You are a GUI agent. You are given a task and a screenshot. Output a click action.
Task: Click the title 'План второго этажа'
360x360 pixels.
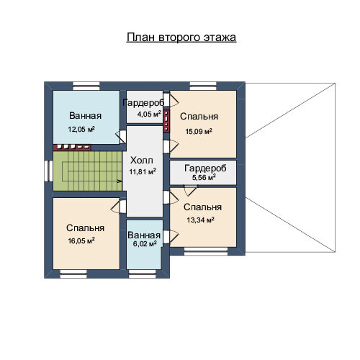pyautogui.click(x=181, y=37)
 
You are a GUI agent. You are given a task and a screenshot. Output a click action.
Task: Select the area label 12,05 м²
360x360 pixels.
pyautogui.click(x=81, y=130)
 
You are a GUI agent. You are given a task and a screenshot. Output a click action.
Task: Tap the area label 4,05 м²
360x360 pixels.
pyautogui.click(x=149, y=114)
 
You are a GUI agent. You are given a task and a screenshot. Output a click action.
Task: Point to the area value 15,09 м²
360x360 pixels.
pyautogui.click(x=199, y=131)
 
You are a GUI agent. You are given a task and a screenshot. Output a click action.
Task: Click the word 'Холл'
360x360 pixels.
pyautogui.click(x=142, y=161)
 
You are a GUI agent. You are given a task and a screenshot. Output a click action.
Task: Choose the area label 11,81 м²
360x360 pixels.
pyautogui.click(x=143, y=171)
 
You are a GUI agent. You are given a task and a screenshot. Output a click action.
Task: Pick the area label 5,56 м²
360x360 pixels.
pyautogui.click(x=204, y=178)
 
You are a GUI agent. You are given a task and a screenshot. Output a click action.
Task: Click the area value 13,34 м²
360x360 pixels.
pyautogui.click(x=200, y=220)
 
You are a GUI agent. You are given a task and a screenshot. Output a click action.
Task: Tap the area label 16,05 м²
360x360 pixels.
pyautogui.click(x=81, y=240)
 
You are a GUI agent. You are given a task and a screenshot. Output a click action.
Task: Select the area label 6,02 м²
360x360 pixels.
pyautogui.click(x=145, y=244)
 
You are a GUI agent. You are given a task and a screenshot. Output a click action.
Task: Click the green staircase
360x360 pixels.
pyautogui.click(x=88, y=171)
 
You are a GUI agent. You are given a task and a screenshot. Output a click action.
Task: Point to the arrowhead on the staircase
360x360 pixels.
pyautogui.click(x=120, y=181)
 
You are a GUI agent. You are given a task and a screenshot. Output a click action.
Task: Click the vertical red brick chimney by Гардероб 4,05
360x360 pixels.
pyautogui.click(x=166, y=121)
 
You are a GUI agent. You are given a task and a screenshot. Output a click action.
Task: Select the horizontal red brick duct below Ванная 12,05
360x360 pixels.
pyautogui.click(x=72, y=147)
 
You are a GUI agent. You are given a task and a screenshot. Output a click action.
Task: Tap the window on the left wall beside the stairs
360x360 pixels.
pyautogui.click(x=48, y=171)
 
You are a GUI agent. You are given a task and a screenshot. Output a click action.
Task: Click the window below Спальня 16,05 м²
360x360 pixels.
pyautogui.click(x=73, y=274)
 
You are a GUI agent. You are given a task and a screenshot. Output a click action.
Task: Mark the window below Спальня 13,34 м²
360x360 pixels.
pyautogui.click(x=206, y=251)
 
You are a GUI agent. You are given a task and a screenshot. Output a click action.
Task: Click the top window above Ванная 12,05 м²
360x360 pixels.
pyautogui.click(x=86, y=86)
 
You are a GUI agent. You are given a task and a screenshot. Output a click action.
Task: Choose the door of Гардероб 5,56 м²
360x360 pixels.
pyautogui.click(x=190, y=189)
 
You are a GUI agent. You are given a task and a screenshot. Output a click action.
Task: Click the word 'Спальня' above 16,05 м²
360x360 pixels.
pyautogui.click(x=85, y=228)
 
